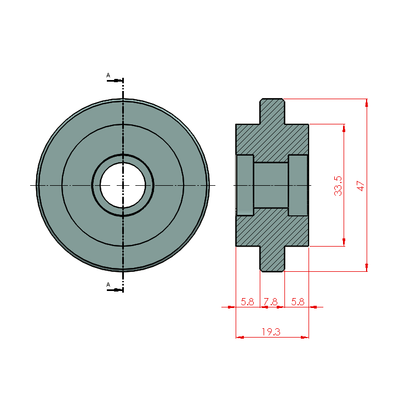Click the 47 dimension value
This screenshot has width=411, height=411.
(361, 186)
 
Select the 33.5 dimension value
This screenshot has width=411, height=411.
(338, 186)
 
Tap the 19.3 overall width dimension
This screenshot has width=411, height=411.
(271, 332)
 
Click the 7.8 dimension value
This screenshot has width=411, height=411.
(271, 302)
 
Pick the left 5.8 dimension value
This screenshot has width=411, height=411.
(248, 302)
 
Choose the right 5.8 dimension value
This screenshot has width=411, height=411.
(298, 302)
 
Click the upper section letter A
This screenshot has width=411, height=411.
(109, 75)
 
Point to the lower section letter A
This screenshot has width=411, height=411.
(109, 284)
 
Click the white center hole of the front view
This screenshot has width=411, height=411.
(123, 185)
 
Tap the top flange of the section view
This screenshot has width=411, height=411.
(272, 111)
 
